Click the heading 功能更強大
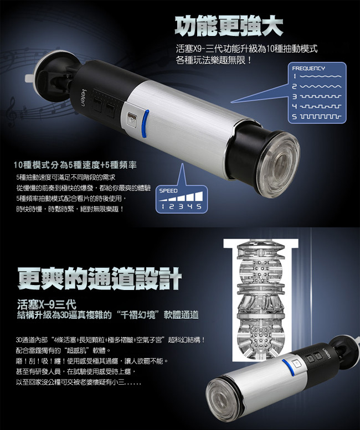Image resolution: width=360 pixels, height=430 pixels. pos(229,27)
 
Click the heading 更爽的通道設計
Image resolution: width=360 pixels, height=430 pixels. pos(100,278)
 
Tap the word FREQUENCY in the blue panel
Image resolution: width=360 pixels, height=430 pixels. pos(308,68)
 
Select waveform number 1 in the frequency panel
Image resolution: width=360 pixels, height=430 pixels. pos(321,76)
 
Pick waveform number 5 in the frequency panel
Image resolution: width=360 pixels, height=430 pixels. pos(321,117)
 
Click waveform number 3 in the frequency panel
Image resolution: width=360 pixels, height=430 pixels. pos(321,96)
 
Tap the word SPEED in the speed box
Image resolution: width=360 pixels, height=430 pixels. pos(168,190)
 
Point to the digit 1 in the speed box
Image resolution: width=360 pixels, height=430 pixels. pos(163,206)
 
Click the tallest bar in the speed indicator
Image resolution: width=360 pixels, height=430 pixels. pos(199,196)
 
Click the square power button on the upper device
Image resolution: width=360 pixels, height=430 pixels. pos(131,120)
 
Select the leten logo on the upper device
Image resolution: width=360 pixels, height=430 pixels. pos(83,97)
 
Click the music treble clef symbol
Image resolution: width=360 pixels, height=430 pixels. pos(12,112)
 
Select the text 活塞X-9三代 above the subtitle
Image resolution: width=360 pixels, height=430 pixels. pos(47,304)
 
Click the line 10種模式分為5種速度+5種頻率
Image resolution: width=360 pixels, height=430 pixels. pos(75,165)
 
